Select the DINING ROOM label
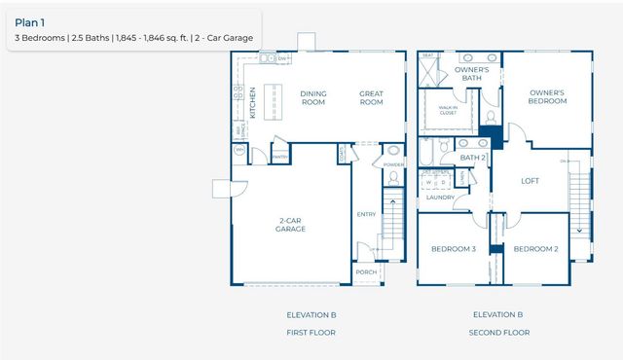[x=313, y=97]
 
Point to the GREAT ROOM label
[x=371, y=97]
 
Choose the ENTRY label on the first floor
[x=366, y=214]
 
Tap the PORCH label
[x=366, y=272]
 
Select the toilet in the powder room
[x=392, y=152]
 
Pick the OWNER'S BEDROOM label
[x=547, y=97]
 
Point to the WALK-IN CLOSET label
[x=448, y=111]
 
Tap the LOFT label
[x=530, y=180]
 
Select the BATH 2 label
[x=472, y=158]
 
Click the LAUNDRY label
[x=440, y=198]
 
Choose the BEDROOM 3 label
[x=453, y=249]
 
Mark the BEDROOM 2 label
[x=535, y=249]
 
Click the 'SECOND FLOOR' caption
[x=499, y=333]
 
